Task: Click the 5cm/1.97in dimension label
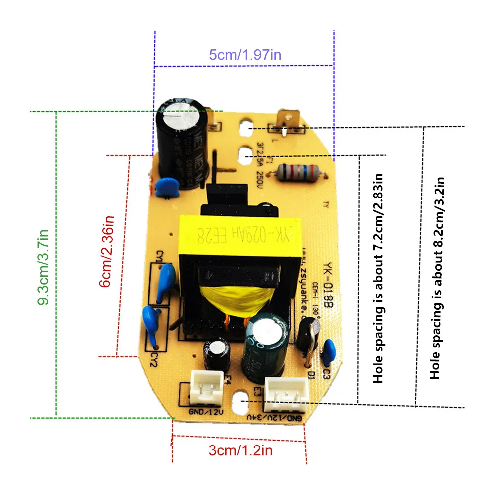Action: click(245, 54)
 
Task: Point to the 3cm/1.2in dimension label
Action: click(241, 450)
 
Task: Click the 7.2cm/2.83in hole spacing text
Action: click(379, 278)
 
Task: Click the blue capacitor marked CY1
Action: click(166, 281)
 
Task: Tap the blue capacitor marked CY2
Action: click(152, 324)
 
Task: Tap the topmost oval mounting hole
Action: click(246, 128)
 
